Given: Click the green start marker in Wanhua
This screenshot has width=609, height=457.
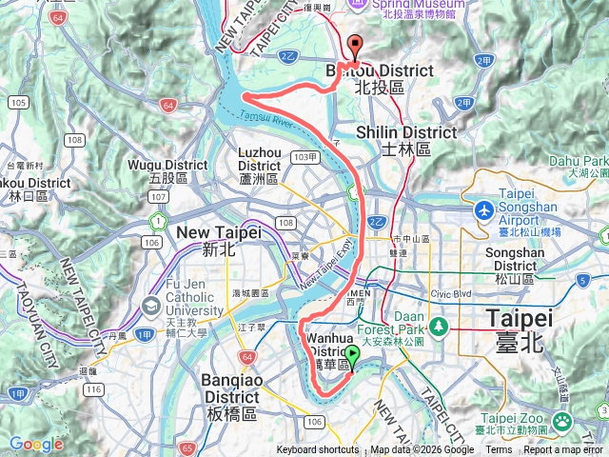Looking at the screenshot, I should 352,357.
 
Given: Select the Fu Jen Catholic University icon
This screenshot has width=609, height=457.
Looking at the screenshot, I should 151,307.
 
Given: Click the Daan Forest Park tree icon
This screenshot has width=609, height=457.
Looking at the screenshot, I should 438,327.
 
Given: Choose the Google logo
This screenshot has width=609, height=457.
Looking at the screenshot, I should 36,444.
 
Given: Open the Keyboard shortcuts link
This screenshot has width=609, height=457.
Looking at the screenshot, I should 318,450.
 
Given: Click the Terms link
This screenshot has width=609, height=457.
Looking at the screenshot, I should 499,450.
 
